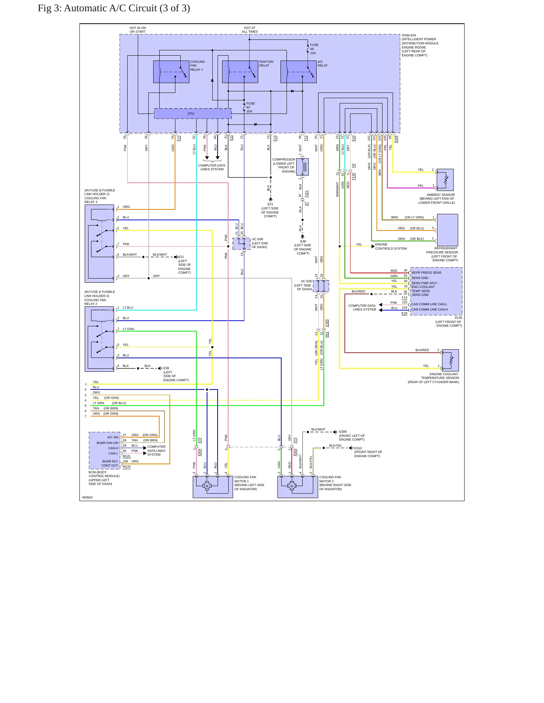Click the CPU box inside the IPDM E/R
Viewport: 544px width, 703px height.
pyautogui.click(x=192, y=114)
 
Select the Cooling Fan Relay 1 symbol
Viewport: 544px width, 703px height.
pyautogui.click(x=171, y=71)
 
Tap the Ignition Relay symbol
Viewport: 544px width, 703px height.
pyautogui.click(x=240, y=71)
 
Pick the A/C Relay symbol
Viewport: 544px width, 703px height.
pyautogui.click(x=298, y=71)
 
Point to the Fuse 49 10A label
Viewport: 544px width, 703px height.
pyautogui.click(x=314, y=49)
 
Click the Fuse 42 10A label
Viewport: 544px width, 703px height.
pyautogui.click(x=250, y=107)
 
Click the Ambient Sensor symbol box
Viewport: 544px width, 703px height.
pyautogui.click(x=445, y=180)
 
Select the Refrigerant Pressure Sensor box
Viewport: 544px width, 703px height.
pyautogui.click(x=447, y=230)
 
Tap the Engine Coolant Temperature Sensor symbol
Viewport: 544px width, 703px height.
pyautogui.click(x=450, y=360)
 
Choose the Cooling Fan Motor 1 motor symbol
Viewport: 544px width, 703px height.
pyautogui.click(x=207, y=486)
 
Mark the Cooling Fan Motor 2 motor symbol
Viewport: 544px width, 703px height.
pyautogui.click(x=292, y=486)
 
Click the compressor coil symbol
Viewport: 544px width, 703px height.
pyautogui.click(x=302, y=167)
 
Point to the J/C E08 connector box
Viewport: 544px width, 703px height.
pyautogui.click(x=241, y=244)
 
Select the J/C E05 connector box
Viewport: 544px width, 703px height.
pyautogui.click(x=321, y=286)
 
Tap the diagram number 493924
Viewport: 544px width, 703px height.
pyautogui.click(x=87, y=497)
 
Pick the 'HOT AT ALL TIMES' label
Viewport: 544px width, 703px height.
pyautogui.click(x=250, y=30)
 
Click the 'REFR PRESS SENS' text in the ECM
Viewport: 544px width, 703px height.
pyautogui.click(x=426, y=273)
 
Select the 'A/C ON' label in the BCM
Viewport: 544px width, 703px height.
pyautogui.click(x=113, y=437)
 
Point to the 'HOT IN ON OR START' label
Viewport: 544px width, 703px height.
pyautogui.click(x=138, y=30)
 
